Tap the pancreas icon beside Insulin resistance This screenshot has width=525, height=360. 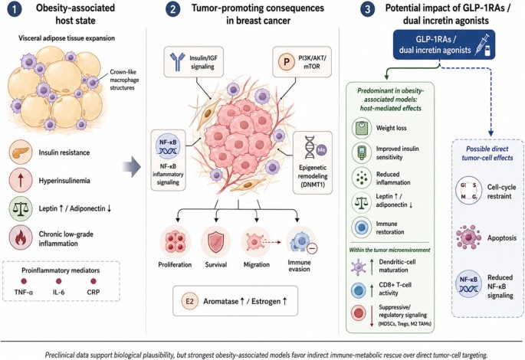click(21, 152)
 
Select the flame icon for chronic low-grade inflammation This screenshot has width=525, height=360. click(21, 237)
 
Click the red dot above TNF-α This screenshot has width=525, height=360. click(24, 281)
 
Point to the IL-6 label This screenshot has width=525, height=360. click(58, 292)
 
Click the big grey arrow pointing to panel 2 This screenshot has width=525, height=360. click(132, 166)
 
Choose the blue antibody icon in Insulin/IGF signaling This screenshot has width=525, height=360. click(178, 61)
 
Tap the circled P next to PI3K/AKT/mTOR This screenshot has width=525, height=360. click(287, 62)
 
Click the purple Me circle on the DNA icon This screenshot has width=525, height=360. click(321, 150)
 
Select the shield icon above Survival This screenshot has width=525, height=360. click(216, 242)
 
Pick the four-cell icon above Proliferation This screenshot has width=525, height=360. click(176, 242)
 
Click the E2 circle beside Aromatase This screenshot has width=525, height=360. click(189, 301)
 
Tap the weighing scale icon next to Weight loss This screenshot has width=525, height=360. click(362, 128)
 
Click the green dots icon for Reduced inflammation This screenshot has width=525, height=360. click(362, 178)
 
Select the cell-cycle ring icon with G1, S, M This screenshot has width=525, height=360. click(469, 191)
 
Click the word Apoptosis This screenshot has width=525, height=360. click(501, 238)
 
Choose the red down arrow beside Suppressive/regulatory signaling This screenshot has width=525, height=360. click(372, 316)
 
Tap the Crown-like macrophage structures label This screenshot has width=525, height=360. click(124, 80)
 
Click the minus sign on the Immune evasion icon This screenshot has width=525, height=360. click(312, 248)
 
